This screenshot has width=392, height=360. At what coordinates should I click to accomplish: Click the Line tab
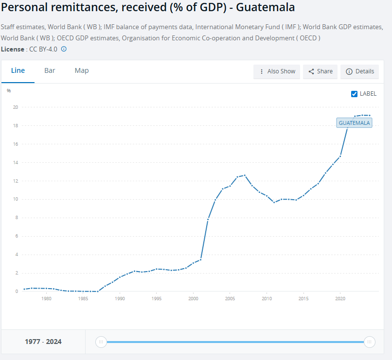18,70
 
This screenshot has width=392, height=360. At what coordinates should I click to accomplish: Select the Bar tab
50,70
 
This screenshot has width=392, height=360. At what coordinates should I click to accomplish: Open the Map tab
82,70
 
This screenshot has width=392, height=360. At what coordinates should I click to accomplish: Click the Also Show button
277,71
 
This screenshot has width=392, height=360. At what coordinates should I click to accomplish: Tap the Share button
321,71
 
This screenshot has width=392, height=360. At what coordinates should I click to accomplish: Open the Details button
360,71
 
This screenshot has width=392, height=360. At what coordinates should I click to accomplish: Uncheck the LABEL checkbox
354,94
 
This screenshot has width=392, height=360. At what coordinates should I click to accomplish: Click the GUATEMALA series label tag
354,123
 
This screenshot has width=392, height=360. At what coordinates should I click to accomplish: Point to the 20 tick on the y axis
16,107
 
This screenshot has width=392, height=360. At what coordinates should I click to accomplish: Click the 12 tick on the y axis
16,181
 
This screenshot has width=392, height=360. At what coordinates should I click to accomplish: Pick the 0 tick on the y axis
17,291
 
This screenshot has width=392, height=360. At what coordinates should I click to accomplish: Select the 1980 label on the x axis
46,299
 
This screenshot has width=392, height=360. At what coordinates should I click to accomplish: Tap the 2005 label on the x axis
230,299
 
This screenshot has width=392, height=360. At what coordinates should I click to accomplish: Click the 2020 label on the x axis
340,299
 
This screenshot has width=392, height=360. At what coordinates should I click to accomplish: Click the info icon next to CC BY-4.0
64,49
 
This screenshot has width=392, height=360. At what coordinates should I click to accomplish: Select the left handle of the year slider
101,342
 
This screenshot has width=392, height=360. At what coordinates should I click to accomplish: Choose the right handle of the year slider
370,342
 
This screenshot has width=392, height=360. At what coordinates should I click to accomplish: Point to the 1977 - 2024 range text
43,342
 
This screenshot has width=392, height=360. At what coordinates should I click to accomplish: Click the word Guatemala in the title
266,8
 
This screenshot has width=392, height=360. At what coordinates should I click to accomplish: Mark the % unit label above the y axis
9,91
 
